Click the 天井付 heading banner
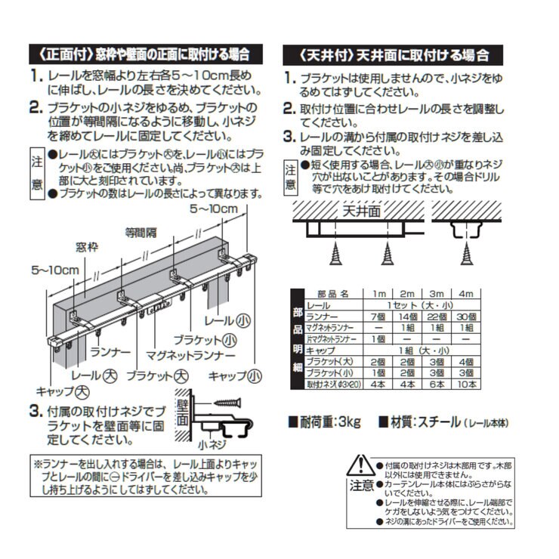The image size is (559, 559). point(385,55)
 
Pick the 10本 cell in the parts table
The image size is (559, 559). point(466,384)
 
